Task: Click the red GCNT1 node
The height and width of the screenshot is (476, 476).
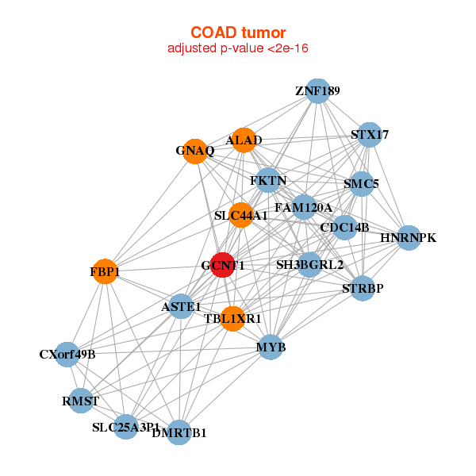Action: (x=223, y=266)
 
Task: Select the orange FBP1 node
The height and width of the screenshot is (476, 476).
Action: (x=104, y=272)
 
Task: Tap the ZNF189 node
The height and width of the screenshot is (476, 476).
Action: (x=317, y=91)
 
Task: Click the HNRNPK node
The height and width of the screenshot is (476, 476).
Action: (x=408, y=238)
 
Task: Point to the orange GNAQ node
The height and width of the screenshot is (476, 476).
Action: (x=195, y=151)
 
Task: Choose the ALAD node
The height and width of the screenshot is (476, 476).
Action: (x=244, y=140)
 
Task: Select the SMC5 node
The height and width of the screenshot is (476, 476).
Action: (x=362, y=184)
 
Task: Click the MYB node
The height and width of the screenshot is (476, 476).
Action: (x=271, y=347)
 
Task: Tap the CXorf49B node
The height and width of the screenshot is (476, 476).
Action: (x=67, y=354)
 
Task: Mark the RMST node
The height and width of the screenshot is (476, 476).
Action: (x=81, y=401)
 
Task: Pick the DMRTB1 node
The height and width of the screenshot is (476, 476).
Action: (x=179, y=432)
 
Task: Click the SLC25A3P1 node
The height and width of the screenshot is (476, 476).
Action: (x=125, y=427)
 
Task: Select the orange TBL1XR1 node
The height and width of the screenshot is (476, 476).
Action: (x=232, y=318)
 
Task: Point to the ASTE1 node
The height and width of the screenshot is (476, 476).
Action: (x=181, y=306)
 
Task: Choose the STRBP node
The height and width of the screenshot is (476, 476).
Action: (x=363, y=289)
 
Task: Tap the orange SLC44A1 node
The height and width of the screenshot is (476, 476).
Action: (x=241, y=215)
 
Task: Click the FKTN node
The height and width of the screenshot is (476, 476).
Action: (x=268, y=181)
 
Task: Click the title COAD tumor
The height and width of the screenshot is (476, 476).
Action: (x=237, y=33)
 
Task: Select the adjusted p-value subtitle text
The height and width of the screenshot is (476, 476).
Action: (x=237, y=48)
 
